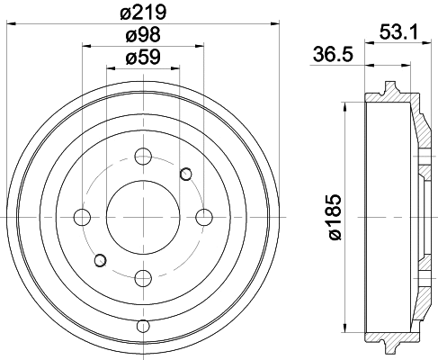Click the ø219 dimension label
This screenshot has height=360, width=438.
[143, 12]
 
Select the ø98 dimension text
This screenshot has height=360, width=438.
[143, 36]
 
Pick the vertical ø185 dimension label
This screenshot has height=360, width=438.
[335, 218]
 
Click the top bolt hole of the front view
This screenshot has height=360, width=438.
[142, 157]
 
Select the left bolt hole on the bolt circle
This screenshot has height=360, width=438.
[82, 217]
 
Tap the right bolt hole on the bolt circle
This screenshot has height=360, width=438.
[203, 217]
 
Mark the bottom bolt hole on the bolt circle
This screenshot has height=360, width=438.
[142, 277]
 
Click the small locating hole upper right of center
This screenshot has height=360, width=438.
[186, 173]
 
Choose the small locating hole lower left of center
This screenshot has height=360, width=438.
[100, 261]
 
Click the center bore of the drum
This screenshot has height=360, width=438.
[142, 217]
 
